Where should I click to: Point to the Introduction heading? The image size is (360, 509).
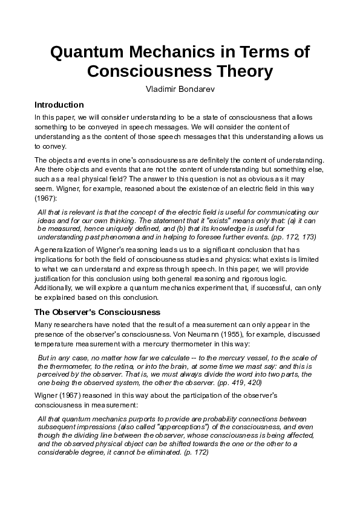click(59, 105)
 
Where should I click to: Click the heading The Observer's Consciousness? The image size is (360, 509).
click(97, 313)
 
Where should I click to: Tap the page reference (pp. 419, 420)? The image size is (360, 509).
click(241, 383)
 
